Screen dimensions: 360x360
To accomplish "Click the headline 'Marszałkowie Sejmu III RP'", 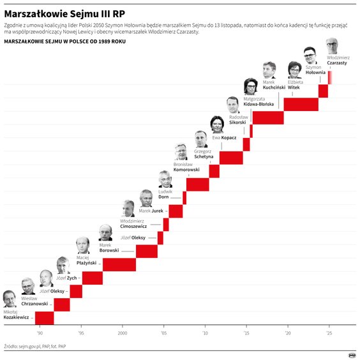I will [64, 11].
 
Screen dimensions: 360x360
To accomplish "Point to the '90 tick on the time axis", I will [40, 333].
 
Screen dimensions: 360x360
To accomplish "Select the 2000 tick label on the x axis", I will [122, 333].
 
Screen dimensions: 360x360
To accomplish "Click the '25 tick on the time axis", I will [329, 333].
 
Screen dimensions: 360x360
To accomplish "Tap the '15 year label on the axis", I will [246, 333].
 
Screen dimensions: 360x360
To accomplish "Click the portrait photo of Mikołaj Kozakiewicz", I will [10, 299].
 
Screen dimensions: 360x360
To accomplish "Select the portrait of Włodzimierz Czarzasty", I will [332, 46].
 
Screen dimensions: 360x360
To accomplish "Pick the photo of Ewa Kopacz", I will [218, 124].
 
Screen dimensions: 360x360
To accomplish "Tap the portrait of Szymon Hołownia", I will [310, 54].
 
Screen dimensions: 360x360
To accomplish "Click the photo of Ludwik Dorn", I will [165, 179].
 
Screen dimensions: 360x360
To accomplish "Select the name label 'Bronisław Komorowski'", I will [186, 167].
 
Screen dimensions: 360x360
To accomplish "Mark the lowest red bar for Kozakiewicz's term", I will [43, 318].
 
